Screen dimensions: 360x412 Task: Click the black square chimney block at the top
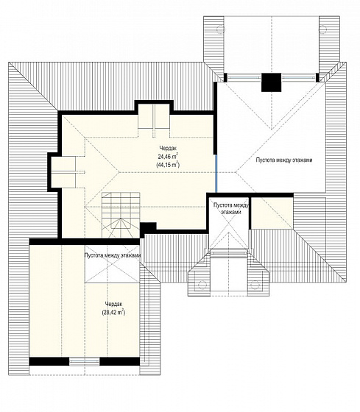tap(271, 82)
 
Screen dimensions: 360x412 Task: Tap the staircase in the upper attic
tap(121, 215)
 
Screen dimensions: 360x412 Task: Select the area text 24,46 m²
tap(168, 156)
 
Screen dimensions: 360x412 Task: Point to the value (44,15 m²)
tap(168, 165)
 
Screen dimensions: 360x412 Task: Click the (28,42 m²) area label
tap(113, 313)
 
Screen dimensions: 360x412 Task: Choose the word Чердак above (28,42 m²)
tap(113, 304)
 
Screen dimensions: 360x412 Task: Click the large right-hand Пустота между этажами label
tap(284, 160)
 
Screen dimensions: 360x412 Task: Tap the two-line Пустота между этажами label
tap(230, 208)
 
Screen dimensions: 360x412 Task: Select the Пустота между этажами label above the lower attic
tap(113, 255)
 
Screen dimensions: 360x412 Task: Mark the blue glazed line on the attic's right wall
tap(216, 174)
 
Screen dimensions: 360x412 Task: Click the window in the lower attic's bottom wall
tap(85, 361)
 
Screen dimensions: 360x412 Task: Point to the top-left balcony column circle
tap(220, 29)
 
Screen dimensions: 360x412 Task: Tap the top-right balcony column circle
tap(322, 29)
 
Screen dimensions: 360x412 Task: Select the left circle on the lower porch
tap(202, 285)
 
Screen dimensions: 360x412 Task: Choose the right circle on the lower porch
tap(255, 285)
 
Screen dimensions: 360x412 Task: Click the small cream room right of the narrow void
tap(272, 213)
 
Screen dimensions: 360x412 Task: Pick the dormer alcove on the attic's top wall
tap(154, 116)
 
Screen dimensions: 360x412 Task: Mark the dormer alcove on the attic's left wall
tap(63, 172)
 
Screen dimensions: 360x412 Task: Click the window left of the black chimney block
tap(244, 78)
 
